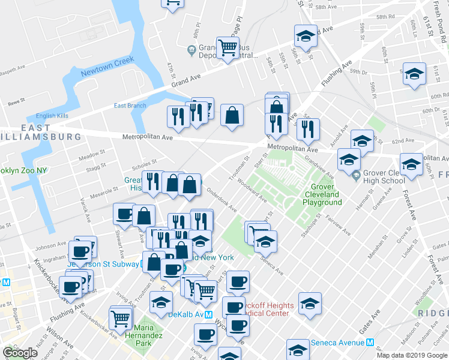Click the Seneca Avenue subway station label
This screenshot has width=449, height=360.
[x=338, y=343]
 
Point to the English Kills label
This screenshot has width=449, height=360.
[x=53, y=116]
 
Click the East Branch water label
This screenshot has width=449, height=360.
[x=130, y=106]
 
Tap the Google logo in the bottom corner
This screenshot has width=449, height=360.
[x=20, y=353]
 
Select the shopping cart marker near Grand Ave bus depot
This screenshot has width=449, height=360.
[x=228, y=47]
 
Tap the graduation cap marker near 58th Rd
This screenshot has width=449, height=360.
[x=305, y=36]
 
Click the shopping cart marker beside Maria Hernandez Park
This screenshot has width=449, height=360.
[x=121, y=316]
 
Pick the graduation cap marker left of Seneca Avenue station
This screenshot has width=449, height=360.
[x=298, y=350]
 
